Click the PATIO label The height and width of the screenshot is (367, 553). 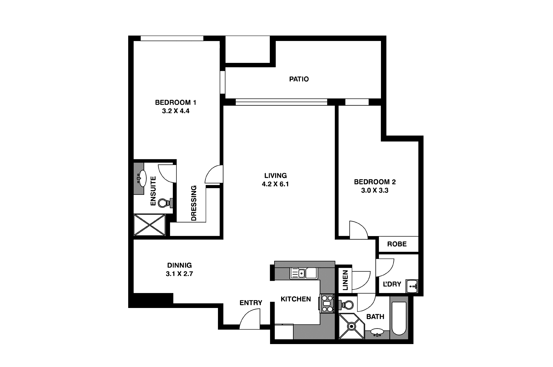pyautogui.click(x=299, y=79)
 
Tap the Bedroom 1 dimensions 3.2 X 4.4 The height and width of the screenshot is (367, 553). pyautogui.click(x=176, y=111)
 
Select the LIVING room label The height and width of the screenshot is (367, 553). pyautogui.click(x=275, y=176)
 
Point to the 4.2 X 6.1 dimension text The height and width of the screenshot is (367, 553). pyautogui.click(x=275, y=184)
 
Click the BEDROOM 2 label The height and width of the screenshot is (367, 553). pyautogui.click(x=375, y=182)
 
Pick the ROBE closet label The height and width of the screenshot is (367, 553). pyautogui.click(x=397, y=244)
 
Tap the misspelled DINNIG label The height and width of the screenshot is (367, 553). pyautogui.click(x=180, y=265)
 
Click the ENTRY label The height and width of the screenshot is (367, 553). pyautogui.click(x=251, y=303)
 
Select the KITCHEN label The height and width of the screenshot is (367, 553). pyautogui.click(x=296, y=299)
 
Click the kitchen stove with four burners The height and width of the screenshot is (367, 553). pyautogui.click(x=327, y=304)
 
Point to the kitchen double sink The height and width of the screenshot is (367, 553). pyautogui.click(x=304, y=273)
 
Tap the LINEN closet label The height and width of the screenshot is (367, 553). pyautogui.click(x=345, y=280)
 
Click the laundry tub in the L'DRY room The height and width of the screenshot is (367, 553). pyautogui.click(x=412, y=286)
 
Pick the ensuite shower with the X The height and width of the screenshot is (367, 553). pyautogui.click(x=150, y=225)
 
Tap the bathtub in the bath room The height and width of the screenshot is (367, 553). pyautogui.click(x=399, y=319)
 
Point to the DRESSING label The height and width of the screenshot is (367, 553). pyautogui.click(x=194, y=203)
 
